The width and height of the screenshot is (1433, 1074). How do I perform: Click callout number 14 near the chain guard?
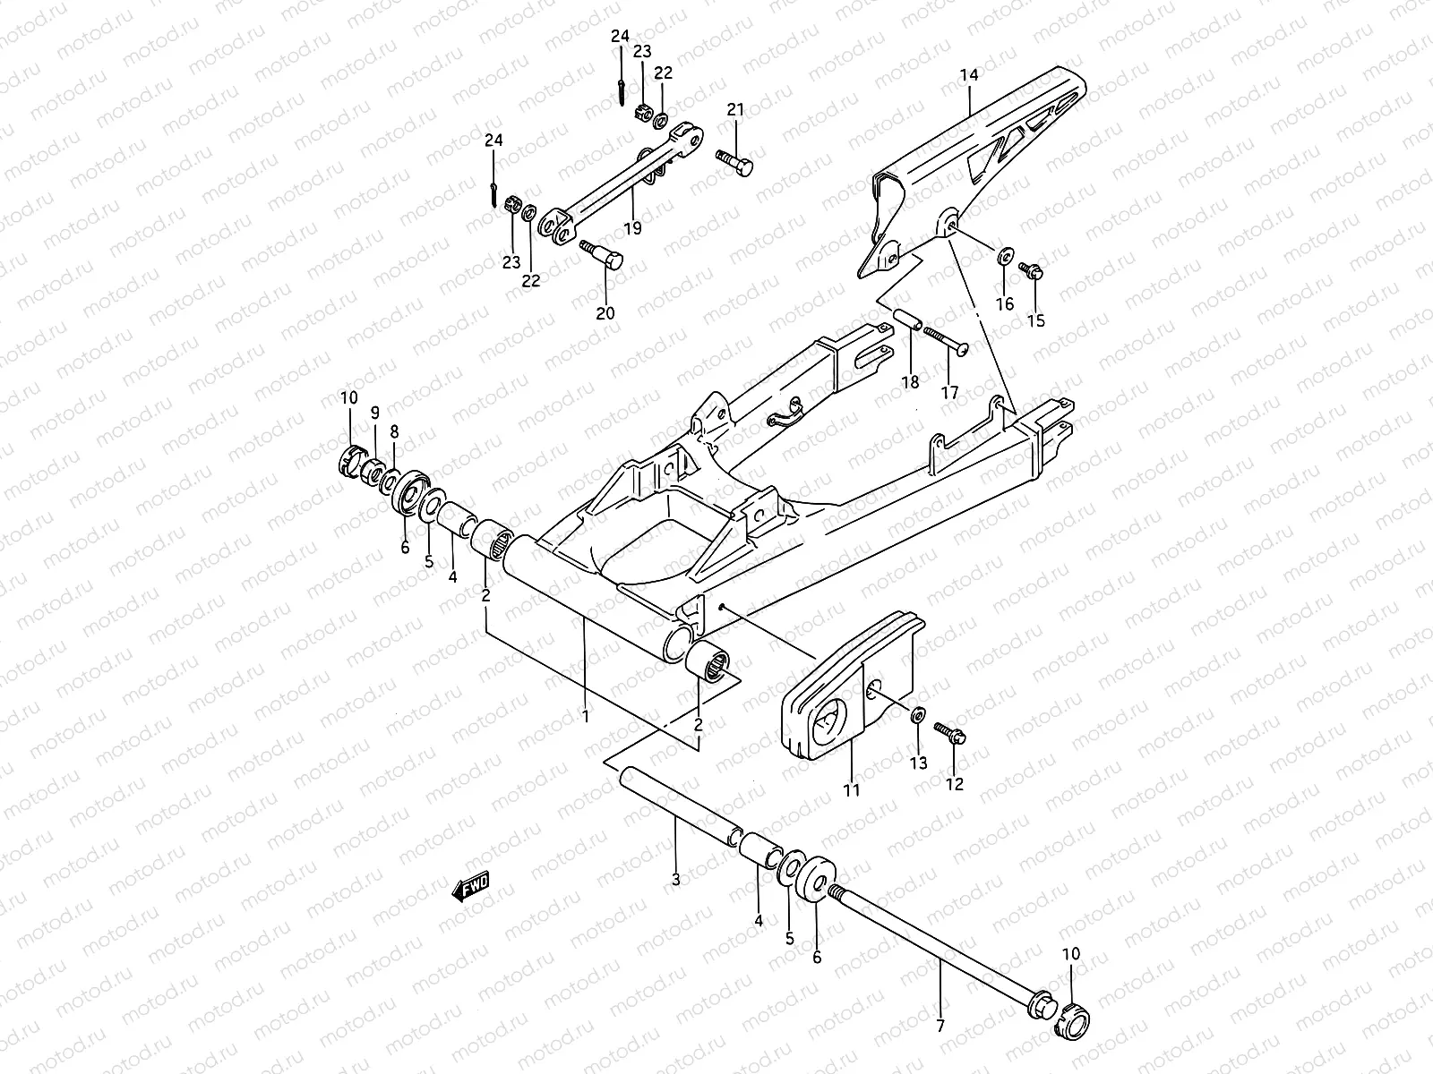[x=969, y=76]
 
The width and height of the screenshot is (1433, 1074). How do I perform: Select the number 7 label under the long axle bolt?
[x=940, y=1027]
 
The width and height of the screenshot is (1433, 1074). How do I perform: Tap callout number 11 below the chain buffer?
[x=851, y=790]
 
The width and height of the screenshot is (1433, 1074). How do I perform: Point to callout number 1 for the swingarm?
[x=585, y=716]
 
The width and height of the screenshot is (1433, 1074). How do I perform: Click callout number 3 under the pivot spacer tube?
[x=675, y=880]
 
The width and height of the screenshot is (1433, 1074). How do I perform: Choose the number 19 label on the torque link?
[x=632, y=228]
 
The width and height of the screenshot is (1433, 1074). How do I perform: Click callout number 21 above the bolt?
[x=735, y=110]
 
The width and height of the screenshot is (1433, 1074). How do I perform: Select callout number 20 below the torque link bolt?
[x=605, y=312]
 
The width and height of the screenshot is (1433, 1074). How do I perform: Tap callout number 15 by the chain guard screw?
[x=1035, y=320]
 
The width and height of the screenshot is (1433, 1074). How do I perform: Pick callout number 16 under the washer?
[x=1005, y=304]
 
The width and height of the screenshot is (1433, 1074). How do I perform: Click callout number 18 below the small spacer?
[x=910, y=382]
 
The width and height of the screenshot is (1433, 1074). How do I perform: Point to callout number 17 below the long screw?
[x=949, y=392]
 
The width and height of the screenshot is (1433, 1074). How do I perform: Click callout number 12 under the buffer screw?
[x=954, y=784]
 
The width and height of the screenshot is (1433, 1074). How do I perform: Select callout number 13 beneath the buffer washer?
[x=920, y=763]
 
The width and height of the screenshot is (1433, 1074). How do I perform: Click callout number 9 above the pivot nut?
[x=375, y=413]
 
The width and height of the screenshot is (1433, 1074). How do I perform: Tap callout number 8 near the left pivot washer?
[x=394, y=430]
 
